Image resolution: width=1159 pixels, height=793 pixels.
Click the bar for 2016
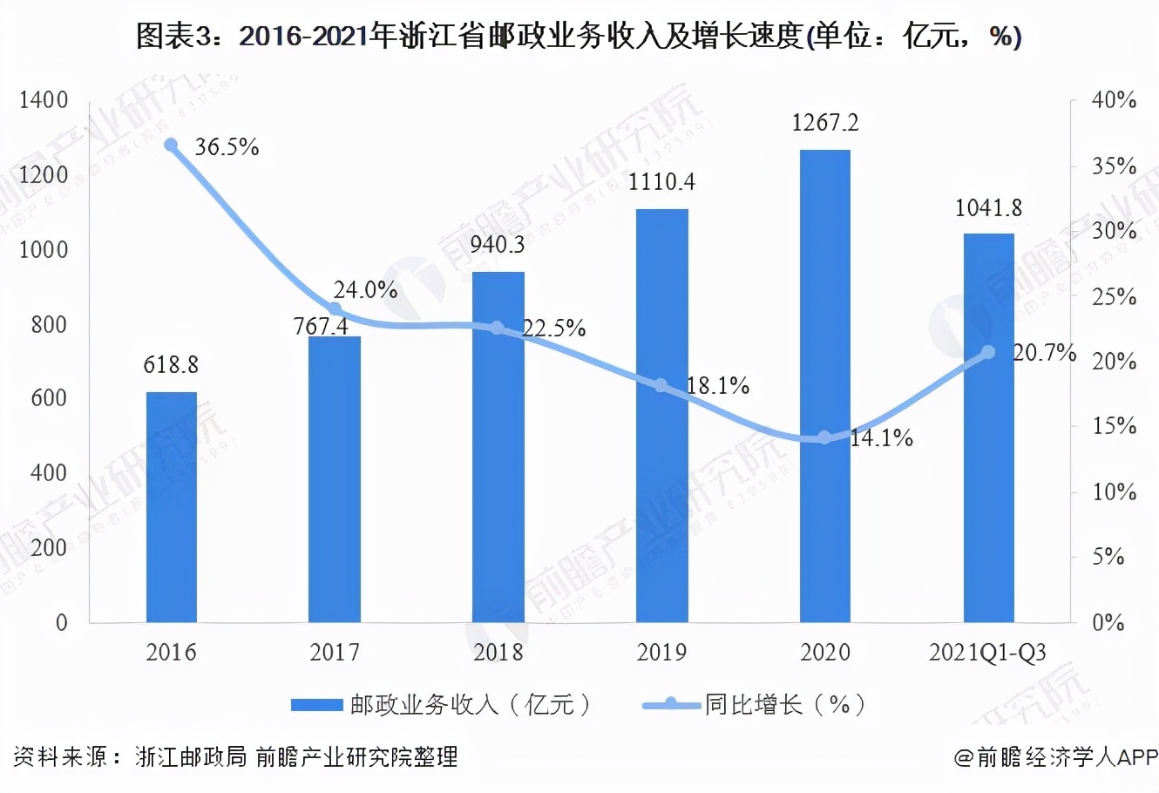(171, 507)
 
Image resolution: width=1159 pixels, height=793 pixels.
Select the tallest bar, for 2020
(824, 386)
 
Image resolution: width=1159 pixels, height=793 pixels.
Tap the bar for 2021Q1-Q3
(988, 428)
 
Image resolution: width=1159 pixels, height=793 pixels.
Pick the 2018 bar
(498, 447)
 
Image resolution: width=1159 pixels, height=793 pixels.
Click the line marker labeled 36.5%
(172, 146)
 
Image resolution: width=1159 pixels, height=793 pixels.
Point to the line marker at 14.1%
(824, 437)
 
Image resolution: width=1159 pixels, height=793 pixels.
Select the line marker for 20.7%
(988, 352)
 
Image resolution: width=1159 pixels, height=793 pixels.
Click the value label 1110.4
(661, 182)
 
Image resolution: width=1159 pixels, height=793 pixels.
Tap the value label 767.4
(321, 326)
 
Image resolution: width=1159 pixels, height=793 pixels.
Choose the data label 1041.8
(988, 208)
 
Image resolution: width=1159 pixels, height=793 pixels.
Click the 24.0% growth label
(365, 290)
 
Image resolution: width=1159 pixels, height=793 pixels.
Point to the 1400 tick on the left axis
(44, 100)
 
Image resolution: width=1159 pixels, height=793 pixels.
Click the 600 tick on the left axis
(50, 398)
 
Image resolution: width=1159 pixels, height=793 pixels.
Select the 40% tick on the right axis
(1115, 100)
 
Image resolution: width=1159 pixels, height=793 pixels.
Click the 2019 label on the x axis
(661, 652)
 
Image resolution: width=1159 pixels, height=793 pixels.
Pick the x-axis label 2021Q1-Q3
(988, 652)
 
